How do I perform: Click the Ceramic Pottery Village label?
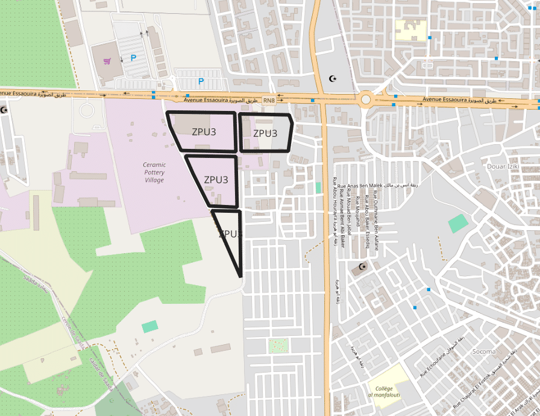pos(154,172)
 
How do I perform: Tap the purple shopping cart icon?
pos(107,61)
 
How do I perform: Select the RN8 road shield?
pos(269,100)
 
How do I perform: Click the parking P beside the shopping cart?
pos(133,58)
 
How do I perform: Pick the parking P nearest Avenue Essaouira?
pos(201,81)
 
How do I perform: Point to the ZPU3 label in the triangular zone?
pos(230,233)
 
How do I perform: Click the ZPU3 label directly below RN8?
pos(265,133)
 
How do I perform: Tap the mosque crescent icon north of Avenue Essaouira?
pos(331,78)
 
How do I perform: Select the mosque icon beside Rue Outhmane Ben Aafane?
pos(362,266)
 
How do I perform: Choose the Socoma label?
pos(484,351)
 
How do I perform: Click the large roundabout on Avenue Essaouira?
pos(366,99)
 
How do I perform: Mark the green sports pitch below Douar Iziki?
pos(458,224)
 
